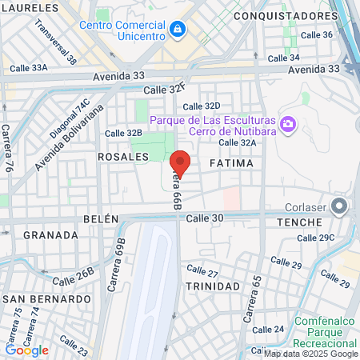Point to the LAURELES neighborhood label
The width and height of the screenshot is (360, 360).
31,7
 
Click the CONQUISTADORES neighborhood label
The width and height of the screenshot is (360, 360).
286,15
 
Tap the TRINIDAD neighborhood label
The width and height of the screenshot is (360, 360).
212,286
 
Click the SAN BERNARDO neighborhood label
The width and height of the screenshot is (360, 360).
48,298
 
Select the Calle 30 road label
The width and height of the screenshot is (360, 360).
202,218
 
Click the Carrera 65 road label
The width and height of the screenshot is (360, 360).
254,293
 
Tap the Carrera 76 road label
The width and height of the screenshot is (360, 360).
7,148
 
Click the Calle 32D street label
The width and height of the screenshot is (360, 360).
201,106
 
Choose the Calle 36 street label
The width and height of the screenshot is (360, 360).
316,34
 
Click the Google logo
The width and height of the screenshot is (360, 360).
26,350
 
